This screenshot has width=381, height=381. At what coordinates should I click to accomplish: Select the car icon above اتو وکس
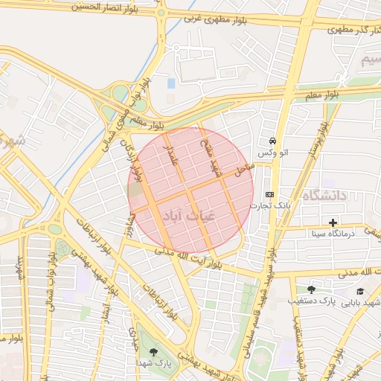coord(274,141)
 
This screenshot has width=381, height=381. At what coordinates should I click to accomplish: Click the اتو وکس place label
coord(272,153)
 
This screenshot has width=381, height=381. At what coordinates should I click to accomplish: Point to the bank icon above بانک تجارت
coord(269,193)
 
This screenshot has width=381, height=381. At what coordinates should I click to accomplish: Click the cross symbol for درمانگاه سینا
coord(333,222)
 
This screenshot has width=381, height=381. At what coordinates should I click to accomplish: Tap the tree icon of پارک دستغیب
coord(310,289)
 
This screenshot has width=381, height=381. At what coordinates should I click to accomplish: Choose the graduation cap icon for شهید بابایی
coord(361,291)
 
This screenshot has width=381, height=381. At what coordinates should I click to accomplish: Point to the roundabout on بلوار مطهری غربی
coord(161,12)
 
